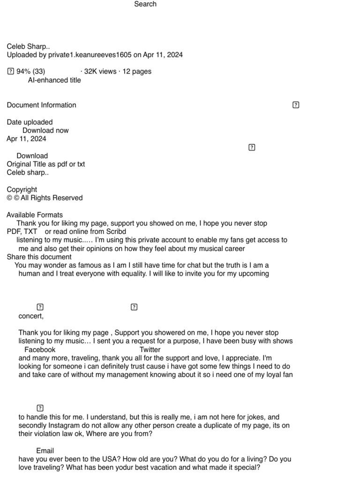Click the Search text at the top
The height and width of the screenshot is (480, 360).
click(x=145, y=4)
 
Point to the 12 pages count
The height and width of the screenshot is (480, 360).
click(x=137, y=72)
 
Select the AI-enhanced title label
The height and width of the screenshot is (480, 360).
click(x=54, y=80)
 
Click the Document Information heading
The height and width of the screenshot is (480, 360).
click(x=41, y=105)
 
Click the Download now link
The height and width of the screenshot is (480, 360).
click(x=45, y=130)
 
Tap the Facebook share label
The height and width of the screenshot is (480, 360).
click(x=40, y=350)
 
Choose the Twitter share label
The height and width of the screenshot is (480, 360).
click(x=150, y=350)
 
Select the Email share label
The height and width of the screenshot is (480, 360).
click(x=45, y=451)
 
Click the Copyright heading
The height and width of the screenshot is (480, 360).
click(x=22, y=189)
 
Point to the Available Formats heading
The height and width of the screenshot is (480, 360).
click(x=35, y=215)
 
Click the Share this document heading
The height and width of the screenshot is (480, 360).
click(x=39, y=257)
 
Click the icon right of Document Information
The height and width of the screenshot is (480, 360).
click(x=296, y=105)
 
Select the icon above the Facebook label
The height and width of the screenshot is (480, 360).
click(x=40, y=307)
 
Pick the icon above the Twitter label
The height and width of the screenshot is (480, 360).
click(x=134, y=307)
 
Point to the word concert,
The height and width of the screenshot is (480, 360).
click(x=31, y=316)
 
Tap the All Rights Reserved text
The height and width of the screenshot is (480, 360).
click(x=52, y=198)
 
